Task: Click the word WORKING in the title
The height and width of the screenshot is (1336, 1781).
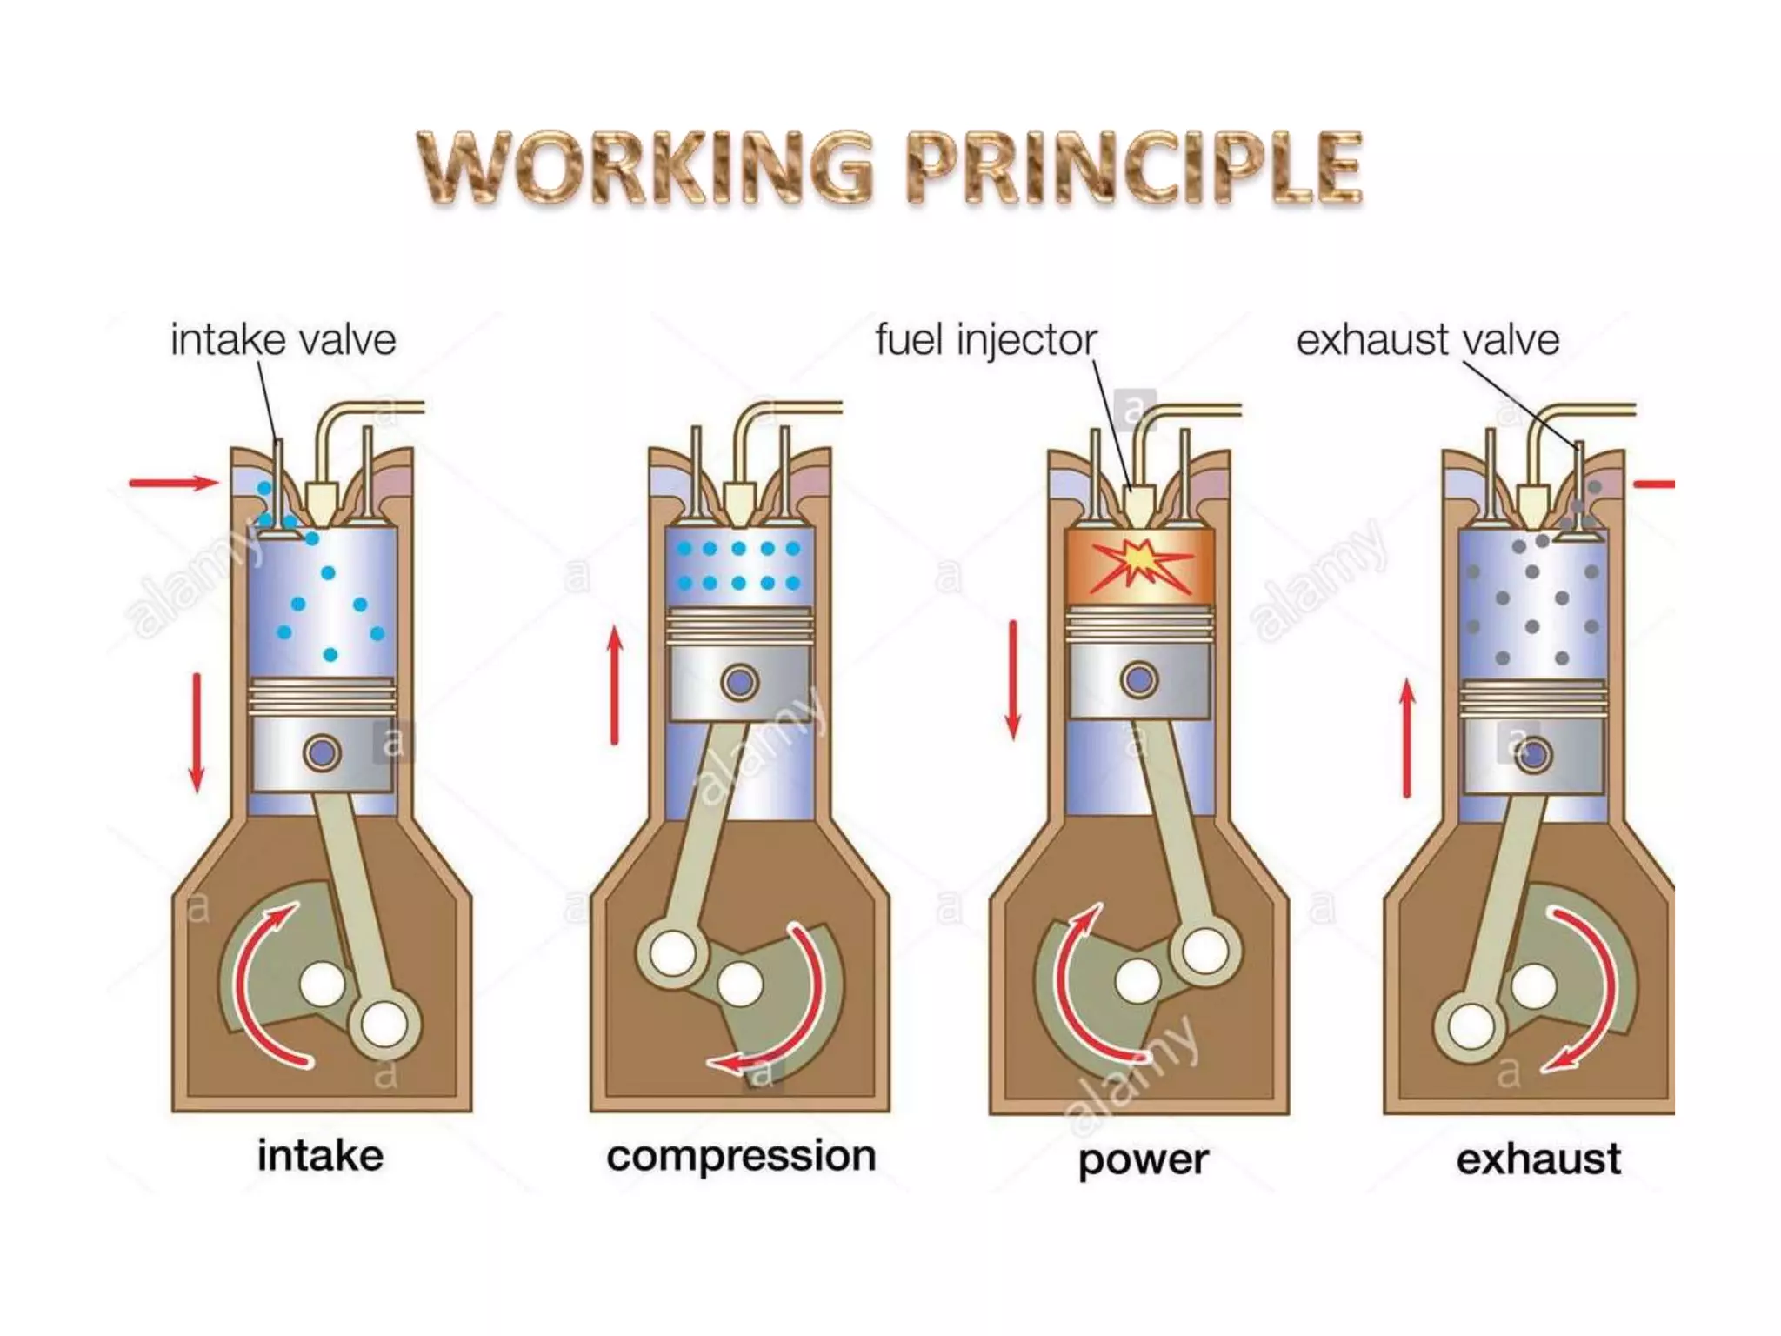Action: [x=645, y=167]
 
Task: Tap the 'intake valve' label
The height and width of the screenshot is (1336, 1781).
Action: [x=283, y=339]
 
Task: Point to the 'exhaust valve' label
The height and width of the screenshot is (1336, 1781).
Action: [x=1427, y=339]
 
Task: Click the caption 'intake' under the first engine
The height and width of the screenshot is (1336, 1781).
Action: [x=320, y=1156]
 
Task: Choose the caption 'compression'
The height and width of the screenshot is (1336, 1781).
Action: [x=741, y=1156]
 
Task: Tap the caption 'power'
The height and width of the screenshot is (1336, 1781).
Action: [x=1143, y=1159]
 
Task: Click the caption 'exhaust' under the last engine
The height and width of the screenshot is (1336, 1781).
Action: [x=1538, y=1159]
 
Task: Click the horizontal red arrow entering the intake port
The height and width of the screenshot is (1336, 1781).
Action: [x=173, y=483]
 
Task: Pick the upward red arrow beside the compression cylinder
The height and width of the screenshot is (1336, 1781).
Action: [x=615, y=685]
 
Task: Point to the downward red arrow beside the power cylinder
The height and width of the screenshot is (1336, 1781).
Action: [x=1013, y=679]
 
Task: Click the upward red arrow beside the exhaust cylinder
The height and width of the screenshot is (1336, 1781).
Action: [x=1407, y=738]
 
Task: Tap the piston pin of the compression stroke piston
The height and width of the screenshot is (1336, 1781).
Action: [x=740, y=683]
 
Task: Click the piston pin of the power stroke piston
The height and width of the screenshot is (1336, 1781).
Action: [x=1139, y=679]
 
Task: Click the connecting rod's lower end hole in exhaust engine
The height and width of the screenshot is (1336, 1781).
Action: [x=1471, y=1026]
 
